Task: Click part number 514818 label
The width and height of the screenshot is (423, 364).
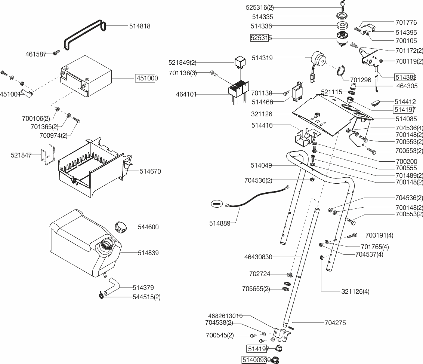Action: (140, 26)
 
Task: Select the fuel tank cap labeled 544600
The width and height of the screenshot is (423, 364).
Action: (121, 227)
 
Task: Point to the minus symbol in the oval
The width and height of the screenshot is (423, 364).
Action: (217, 204)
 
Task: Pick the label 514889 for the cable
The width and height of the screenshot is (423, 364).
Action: (220, 223)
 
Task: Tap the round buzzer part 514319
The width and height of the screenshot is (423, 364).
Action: (319, 59)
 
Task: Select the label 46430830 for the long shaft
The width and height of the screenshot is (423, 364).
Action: (258, 257)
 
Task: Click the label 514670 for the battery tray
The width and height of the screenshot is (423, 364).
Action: (150, 171)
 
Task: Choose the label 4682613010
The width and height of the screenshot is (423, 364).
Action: (225, 316)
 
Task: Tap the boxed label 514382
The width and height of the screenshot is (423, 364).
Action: (405, 77)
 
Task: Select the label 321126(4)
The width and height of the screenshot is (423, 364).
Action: (355, 292)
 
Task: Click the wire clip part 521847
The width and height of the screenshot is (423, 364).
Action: (48, 155)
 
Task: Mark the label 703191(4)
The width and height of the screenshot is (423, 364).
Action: (379, 235)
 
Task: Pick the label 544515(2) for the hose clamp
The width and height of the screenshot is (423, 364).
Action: (146, 297)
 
